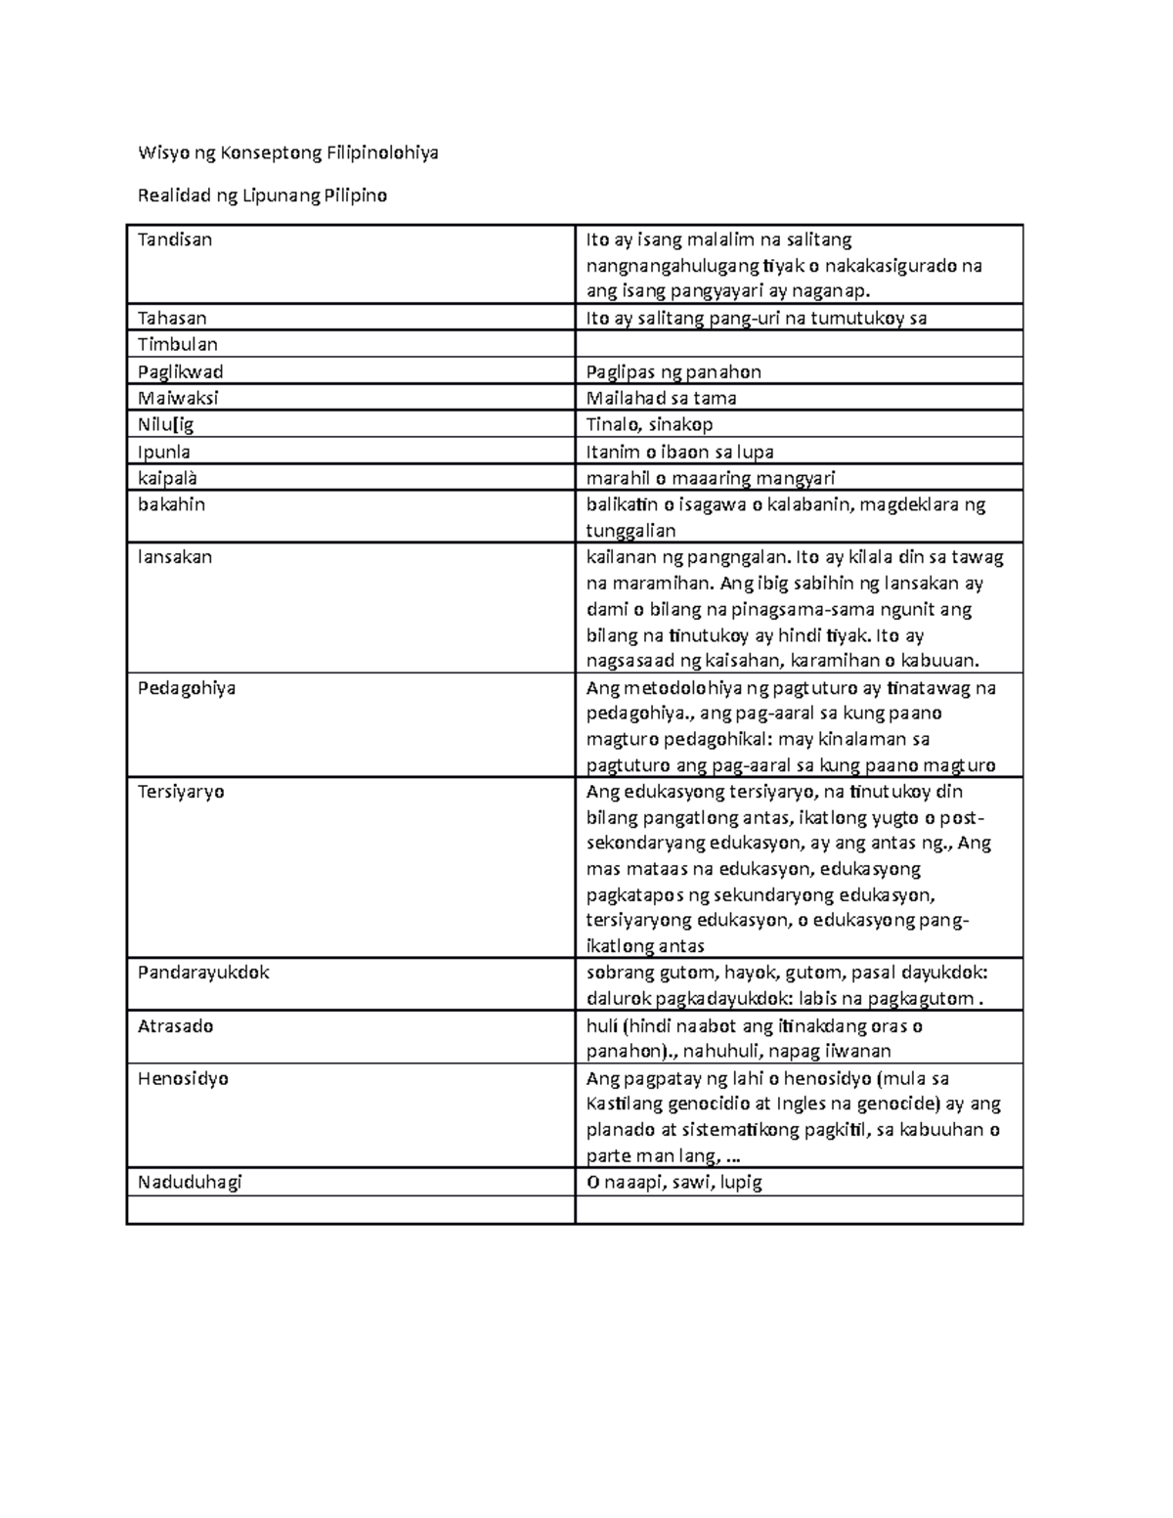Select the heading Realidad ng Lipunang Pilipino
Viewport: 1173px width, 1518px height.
[x=262, y=195]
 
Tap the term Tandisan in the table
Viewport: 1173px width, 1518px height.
[x=175, y=239]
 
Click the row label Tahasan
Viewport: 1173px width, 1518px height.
[x=172, y=318]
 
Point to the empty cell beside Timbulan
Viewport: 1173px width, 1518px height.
[x=798, y=344]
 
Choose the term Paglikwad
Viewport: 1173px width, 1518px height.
[x=181, y=371]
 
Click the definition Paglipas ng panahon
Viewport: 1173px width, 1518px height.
[x=673, y=371]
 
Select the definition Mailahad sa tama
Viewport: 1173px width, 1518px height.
[x=661, y=398]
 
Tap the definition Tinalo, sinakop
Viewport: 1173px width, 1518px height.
[x=649, y=424]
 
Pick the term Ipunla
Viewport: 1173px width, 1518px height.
[x=164, y=452]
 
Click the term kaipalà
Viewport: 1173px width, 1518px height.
[x=168, y=478]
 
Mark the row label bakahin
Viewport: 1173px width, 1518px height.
[x=171, y=504]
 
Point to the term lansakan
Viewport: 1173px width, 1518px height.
[x=175, y=557]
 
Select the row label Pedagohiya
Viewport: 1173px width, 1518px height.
[x=187, y=688]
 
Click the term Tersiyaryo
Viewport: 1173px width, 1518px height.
[x=181, y=792]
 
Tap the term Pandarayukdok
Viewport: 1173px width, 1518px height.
[x=203, y=973]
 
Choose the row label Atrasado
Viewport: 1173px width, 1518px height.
[x=175, y=1026]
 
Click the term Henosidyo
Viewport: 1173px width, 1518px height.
[x=183, y=1079]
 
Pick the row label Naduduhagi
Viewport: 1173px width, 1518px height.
[x=190, y=1182]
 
